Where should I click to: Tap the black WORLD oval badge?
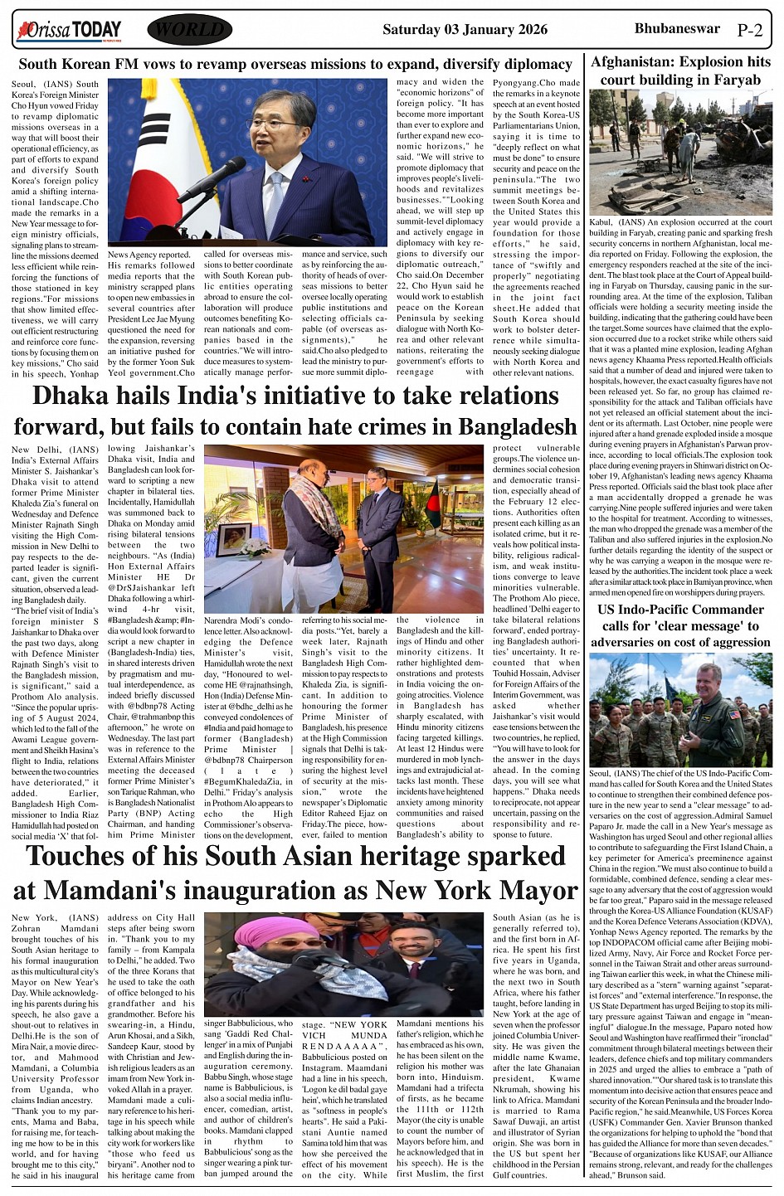pyautogui.click(x=189, y=30)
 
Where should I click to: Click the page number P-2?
pyautogui.click(x=749, y=31)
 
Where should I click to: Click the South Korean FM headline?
pyautogui.click(x=295, y=64)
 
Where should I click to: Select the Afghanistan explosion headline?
pyautogui.click(x=679, y=70)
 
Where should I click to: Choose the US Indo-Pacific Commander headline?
pyautogui.click(x=680, y=626)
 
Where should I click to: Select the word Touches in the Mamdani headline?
pyautogui.click(x=90, y=856)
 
